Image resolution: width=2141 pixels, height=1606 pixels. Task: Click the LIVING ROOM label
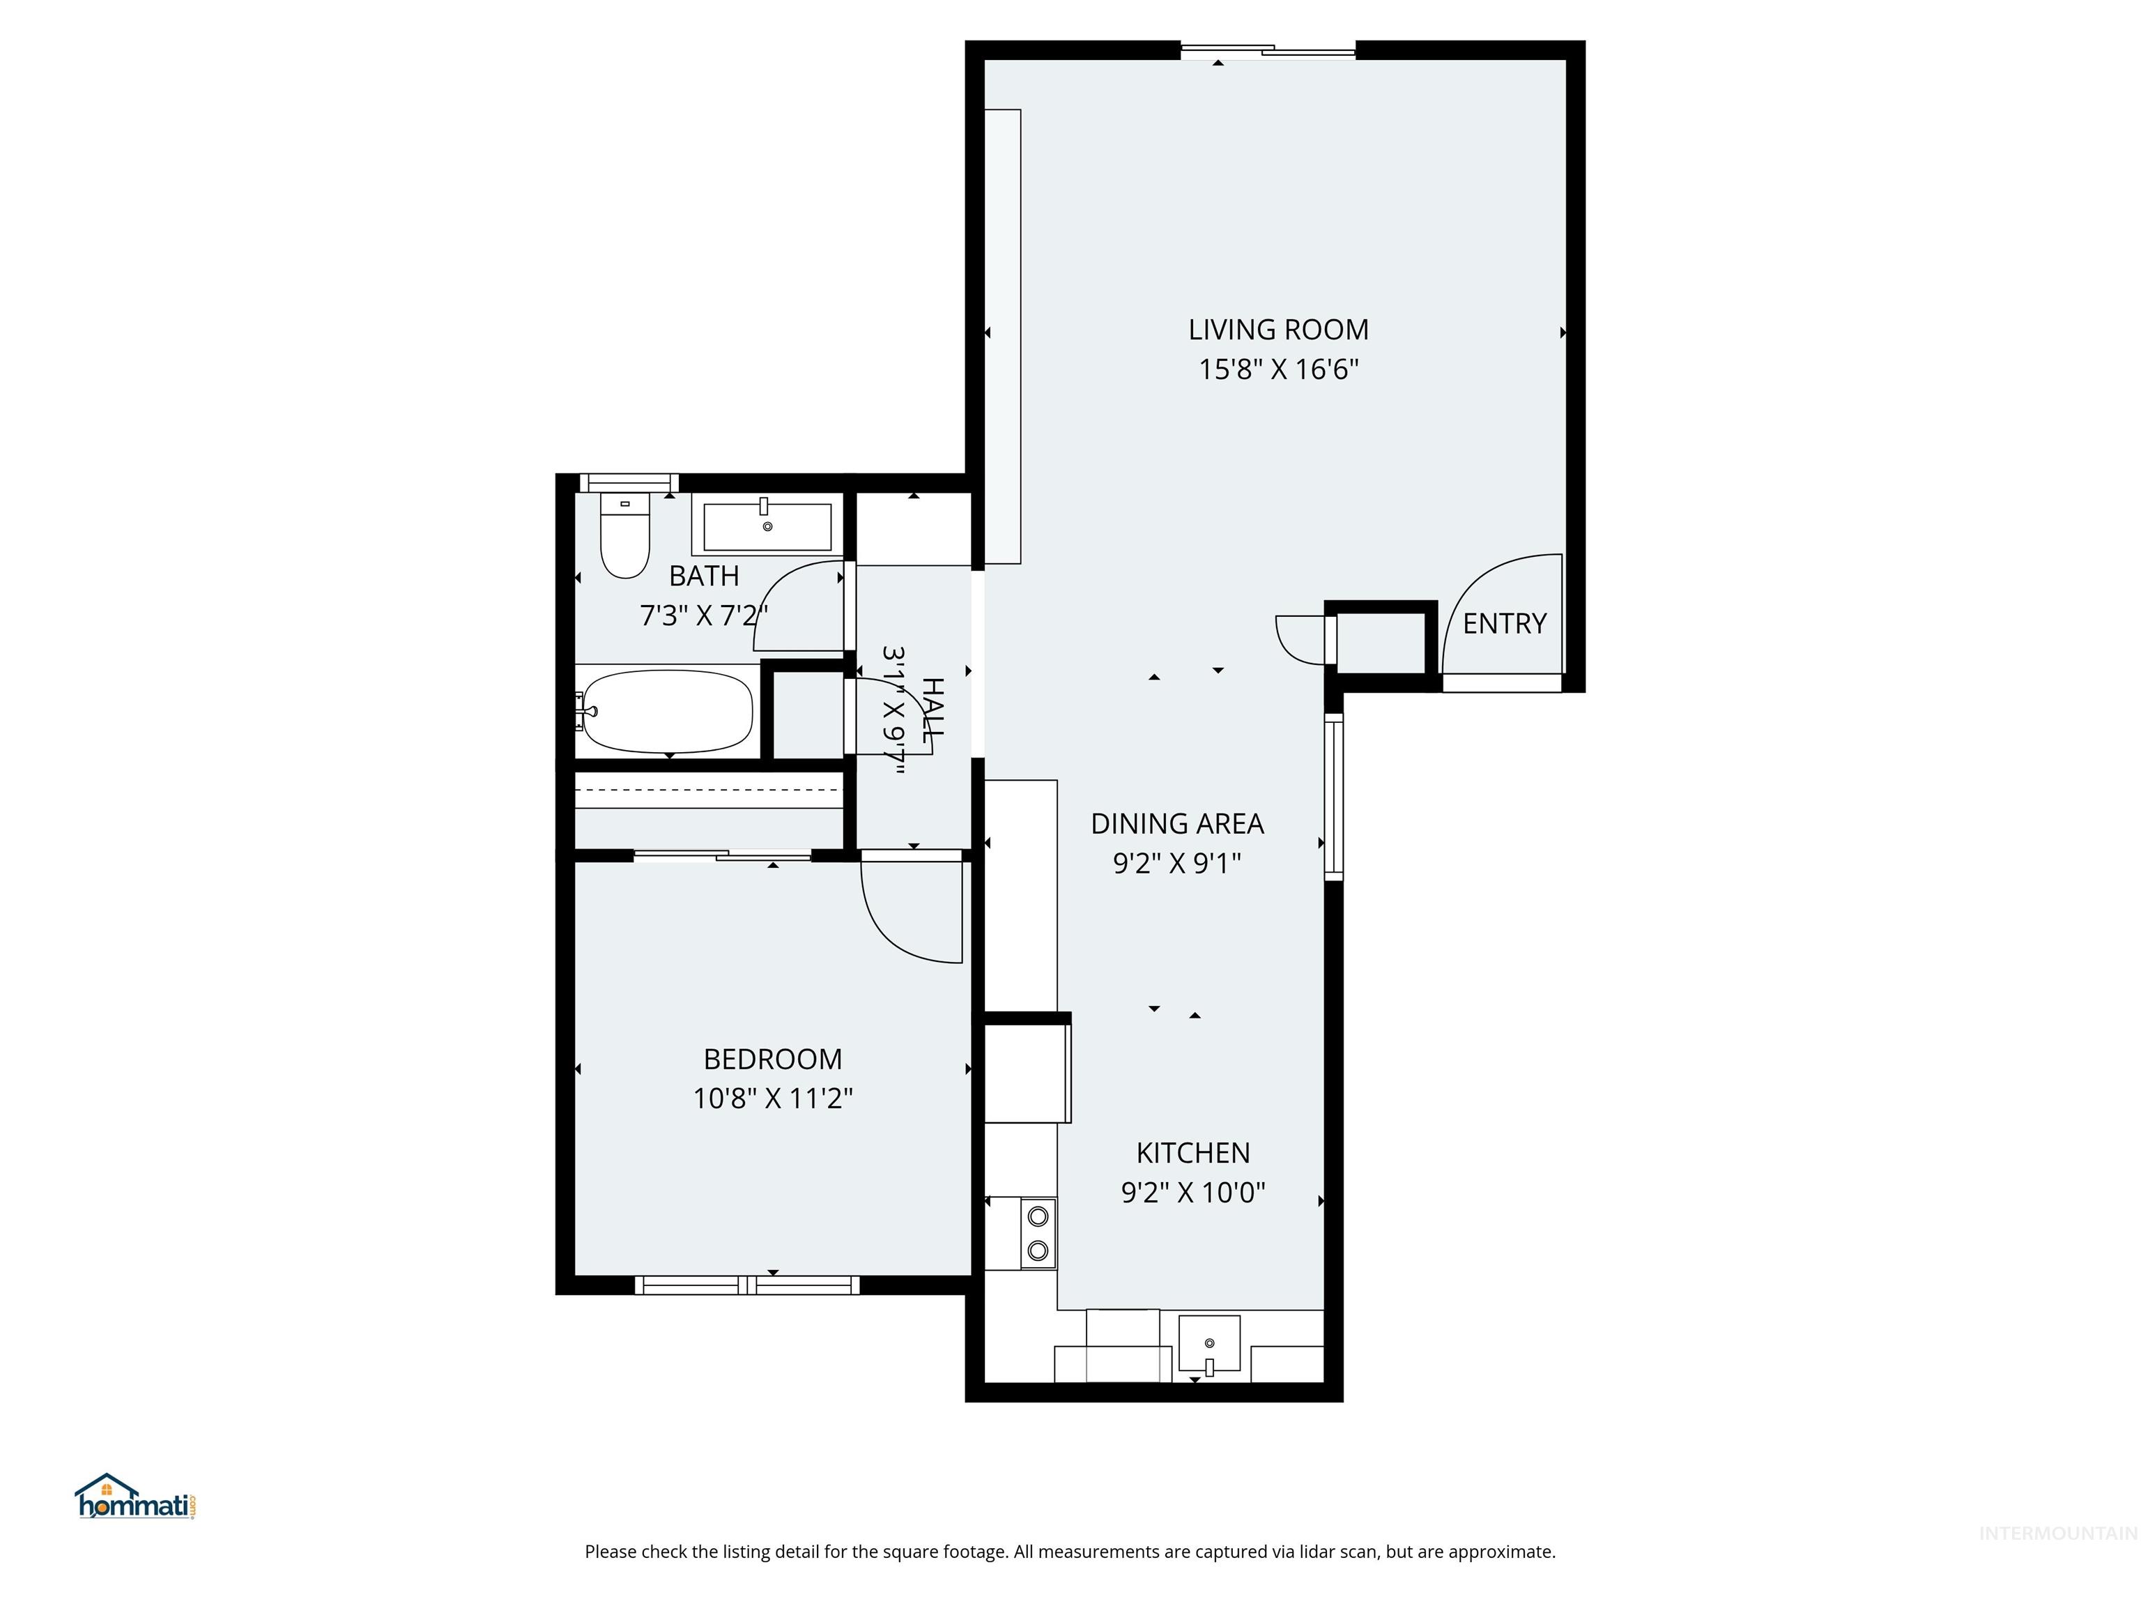(x=1277, y=330)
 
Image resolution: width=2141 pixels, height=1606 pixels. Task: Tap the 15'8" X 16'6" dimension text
(x=1277, y=370)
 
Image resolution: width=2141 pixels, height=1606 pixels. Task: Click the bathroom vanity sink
(x=767, y=526)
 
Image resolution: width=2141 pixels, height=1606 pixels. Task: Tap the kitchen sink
(x=1209, y=1344)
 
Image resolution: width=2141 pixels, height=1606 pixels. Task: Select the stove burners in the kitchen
(x=1038, y=1232)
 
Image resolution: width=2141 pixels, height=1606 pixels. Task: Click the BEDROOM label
(x=772, y=1059)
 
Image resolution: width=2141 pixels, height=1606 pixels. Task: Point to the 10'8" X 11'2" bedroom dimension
(x=772, y=1099)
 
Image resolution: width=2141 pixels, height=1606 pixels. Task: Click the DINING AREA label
(x=1177, y=824)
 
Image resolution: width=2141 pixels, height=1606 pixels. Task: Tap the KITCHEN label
(x=1192, y=1153)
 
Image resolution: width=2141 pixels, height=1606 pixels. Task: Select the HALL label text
(x=932, y=710)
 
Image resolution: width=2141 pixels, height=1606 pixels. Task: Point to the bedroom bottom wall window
(x=746, y=1285)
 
